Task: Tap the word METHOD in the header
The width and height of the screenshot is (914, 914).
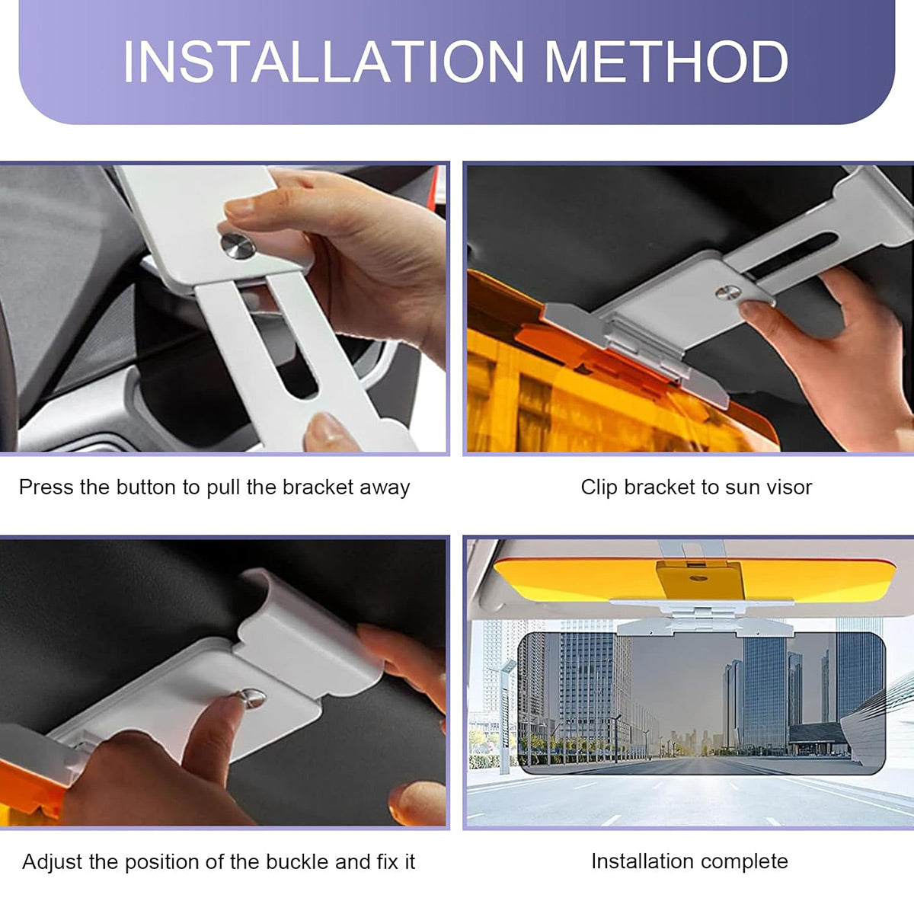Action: coord(666,62)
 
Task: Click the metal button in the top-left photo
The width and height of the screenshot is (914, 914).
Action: coord(238,246)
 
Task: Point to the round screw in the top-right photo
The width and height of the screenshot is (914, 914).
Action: coord(728,292)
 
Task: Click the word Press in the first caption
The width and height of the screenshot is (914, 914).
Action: coord(46,487)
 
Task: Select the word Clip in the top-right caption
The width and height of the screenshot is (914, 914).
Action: coord(599,487)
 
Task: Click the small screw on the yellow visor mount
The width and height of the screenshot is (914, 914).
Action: coord(697,578)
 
